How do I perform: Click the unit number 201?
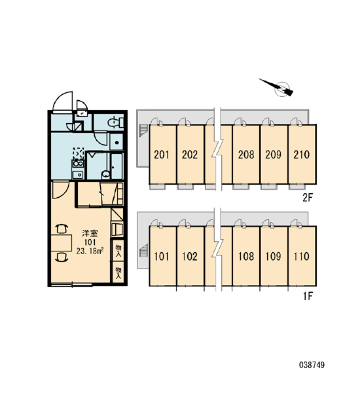point(162,155)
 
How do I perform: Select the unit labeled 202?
point(190,155)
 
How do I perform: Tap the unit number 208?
point(246,155)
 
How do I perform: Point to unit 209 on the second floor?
point(274,155)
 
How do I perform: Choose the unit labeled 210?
point(301,155)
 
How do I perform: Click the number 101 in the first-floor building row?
point(162,256)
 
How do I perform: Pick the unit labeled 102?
point(190,256)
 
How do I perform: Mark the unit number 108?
point(246,256)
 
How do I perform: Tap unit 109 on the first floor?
point(274,256)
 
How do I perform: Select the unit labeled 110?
point(301,256)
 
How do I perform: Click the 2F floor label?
point(308,198)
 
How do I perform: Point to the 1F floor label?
point(308,297)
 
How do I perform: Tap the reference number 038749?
point(312,365)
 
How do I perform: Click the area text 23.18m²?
point(90,251)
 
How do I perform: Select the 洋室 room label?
point(90,234)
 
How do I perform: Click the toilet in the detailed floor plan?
point(115,122)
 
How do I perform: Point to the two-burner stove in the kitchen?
point(78,164)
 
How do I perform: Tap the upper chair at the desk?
point(62,229)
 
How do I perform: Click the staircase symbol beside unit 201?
point(143,130)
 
